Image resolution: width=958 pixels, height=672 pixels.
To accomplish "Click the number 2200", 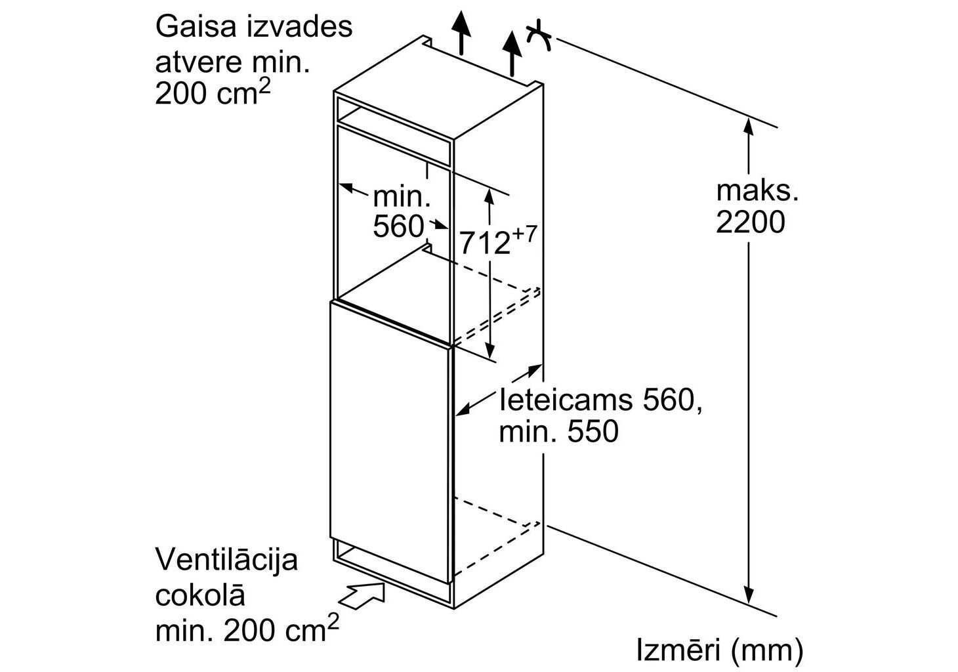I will point(749,222).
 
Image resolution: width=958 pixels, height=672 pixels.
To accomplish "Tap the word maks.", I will point(757,190).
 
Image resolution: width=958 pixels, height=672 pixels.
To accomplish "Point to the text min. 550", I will point(558,432).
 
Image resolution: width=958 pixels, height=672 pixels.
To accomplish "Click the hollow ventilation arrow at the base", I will point(364,594).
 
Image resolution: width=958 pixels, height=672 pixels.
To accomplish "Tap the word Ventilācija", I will point(226,560).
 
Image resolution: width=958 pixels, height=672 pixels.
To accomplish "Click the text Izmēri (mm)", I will point(719,650).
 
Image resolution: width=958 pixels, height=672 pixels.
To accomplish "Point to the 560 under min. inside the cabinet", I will point(398,226).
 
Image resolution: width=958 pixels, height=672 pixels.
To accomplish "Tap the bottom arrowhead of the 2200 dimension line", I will point(749,595).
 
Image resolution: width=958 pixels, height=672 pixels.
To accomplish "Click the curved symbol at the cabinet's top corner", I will point(541,35).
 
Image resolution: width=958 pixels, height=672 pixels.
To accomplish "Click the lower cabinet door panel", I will point(390,446).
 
